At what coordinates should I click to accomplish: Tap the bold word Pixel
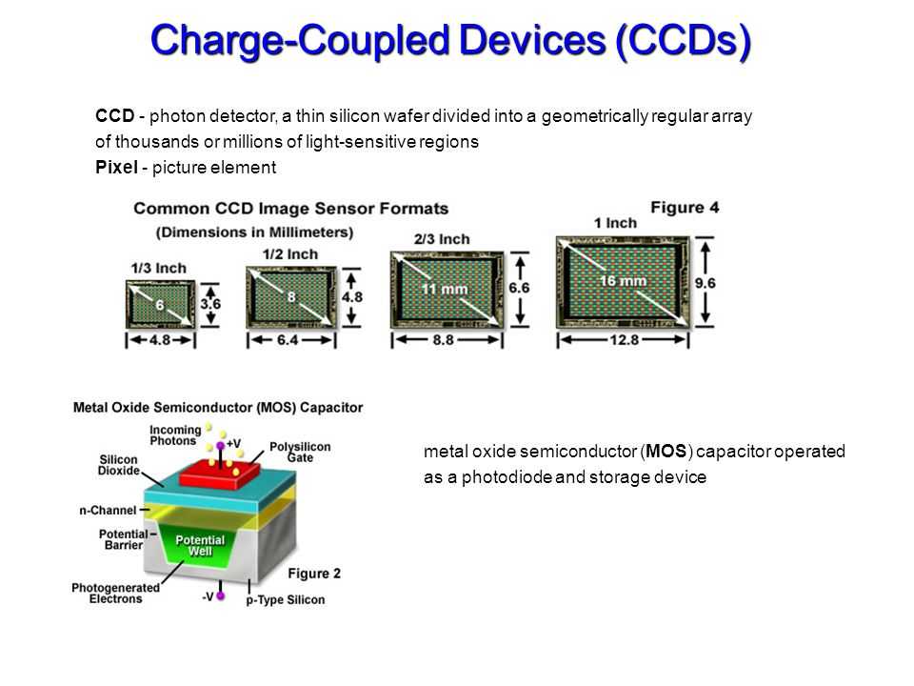(116, 168)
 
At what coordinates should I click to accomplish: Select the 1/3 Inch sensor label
(159, 269)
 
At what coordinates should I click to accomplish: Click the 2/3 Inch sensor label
(442, 239)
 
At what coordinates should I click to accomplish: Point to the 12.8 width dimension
(625, 339)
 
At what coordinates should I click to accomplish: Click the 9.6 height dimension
(705, 283)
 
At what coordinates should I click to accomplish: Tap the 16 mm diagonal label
(623, 280)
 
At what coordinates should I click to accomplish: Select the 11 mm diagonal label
(445, 289)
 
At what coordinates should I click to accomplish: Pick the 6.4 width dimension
(288, 339)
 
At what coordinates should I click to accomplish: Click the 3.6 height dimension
(210, 304)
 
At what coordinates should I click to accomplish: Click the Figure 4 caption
(685, 208)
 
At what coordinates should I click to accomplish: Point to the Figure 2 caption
(314, 574)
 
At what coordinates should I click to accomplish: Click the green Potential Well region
(199, 544)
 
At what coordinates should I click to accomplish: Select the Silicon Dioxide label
(119, 465)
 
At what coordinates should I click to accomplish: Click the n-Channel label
(108, 511)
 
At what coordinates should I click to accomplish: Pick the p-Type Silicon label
(285, 599)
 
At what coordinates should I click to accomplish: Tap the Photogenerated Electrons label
(115, 594)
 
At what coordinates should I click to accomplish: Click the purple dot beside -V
(220, 596)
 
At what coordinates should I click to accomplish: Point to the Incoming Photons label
(175, 435)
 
